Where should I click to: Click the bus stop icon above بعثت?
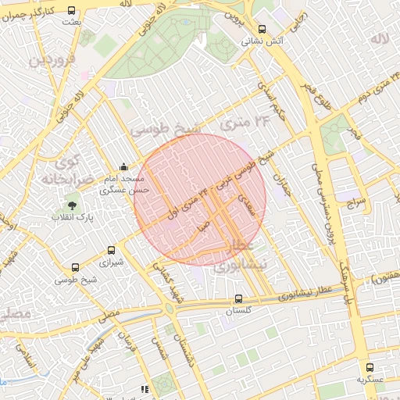coord(72,11)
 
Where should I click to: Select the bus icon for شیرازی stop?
coord(111,251)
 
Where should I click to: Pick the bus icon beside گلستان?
coord(239,298)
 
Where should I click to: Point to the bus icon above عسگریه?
coord(370,367)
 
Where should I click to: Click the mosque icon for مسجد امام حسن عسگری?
coord(123,166)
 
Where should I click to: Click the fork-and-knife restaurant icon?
coord(144,388)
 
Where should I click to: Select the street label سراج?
coord(356,202)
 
